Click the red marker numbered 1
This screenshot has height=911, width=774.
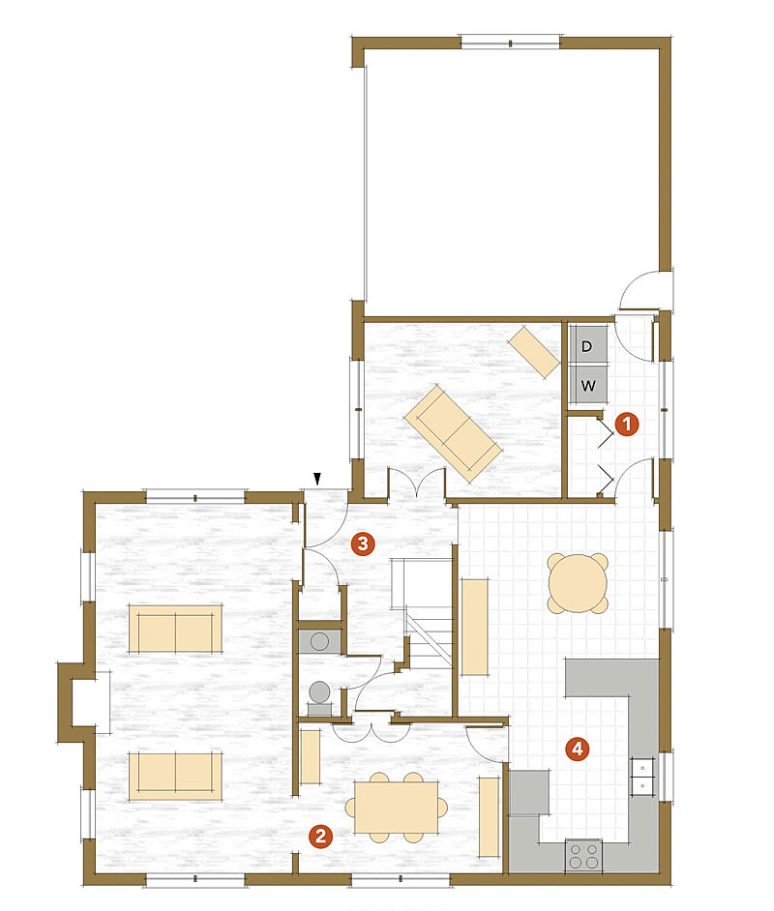627,423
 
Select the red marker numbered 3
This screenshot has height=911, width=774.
362,544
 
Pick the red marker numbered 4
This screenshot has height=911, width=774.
578,748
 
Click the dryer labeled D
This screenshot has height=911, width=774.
587,345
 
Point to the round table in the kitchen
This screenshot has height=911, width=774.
578,583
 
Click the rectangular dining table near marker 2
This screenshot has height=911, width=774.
396,807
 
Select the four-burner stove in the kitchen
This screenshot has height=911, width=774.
583,856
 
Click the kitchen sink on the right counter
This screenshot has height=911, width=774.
641,774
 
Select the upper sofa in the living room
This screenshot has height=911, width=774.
175,630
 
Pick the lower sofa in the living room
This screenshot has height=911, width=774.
175,776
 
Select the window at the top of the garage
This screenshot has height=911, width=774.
510,42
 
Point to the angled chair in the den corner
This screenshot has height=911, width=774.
534,351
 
